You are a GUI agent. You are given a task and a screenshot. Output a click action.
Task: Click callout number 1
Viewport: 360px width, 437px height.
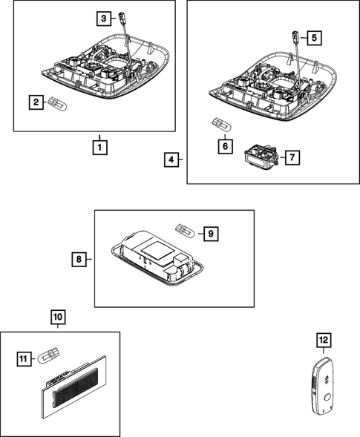point(99,147)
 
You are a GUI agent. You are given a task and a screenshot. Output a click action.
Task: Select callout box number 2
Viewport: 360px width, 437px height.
point(36,102)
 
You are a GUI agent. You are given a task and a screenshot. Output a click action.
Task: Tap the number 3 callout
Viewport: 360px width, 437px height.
point(104,19)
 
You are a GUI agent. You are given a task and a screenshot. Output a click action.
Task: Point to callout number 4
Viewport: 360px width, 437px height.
point(171,160)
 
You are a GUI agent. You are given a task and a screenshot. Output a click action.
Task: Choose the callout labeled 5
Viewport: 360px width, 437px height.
point(314,38)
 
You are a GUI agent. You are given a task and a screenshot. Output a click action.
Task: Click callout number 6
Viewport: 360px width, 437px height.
point(225,146)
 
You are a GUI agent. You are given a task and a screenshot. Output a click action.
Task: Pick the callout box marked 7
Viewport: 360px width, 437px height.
point(292,158)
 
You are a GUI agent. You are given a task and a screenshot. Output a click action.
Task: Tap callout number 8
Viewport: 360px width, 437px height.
point(79,260)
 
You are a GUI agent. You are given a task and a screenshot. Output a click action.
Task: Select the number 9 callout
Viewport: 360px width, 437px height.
point(211,234)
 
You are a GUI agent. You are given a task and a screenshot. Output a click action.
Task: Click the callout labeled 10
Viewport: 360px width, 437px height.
point(58,317)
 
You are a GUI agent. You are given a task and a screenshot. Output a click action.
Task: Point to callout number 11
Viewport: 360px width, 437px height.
point(24,359)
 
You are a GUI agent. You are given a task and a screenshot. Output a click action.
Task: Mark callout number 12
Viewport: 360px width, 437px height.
point(324,340)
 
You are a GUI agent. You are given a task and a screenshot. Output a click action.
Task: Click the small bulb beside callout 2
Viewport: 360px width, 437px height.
point(57,104)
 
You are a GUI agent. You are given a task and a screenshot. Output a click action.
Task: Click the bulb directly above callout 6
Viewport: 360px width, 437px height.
point(222,125)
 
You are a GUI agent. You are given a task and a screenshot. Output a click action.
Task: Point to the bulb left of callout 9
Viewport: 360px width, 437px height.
point(184,230)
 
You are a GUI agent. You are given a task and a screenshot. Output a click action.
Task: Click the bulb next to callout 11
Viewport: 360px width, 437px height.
point(49,356)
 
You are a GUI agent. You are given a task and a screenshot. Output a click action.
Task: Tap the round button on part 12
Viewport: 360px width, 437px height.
point(328,397)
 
